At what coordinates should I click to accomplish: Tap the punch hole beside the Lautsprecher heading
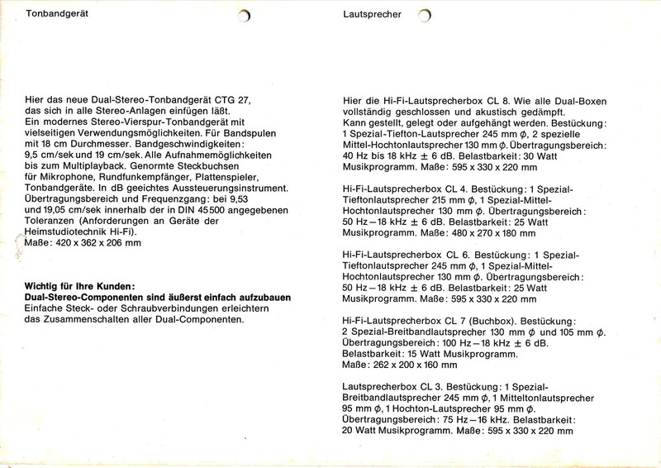(x=425, y=17)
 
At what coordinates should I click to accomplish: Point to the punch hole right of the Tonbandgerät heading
(x=244, y=17)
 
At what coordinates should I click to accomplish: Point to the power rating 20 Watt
(x=361, y=431)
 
